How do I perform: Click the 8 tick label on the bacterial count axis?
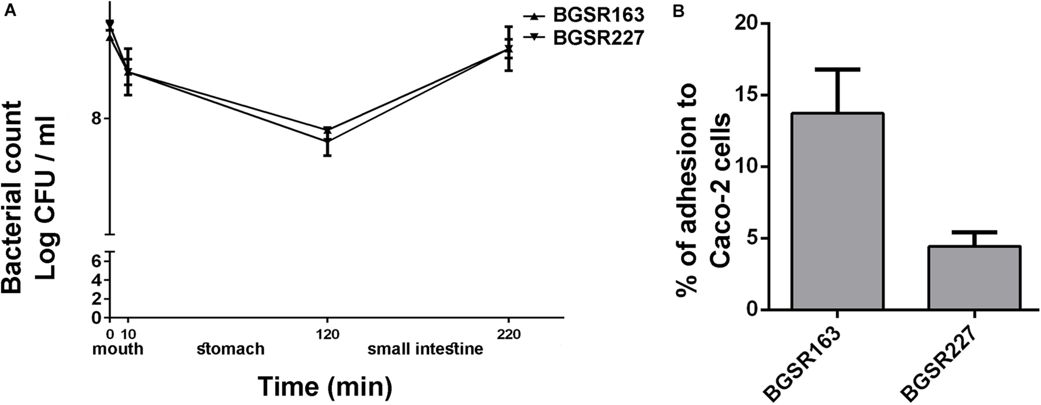(97, 119)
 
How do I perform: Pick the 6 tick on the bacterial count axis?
(97, 261)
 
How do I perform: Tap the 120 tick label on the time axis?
(327, 335)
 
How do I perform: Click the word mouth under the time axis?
(118, 349)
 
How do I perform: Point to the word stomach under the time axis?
(231, 349)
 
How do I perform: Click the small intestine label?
(425, 349)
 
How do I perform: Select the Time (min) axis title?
(325, 386)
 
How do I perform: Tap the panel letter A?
(10, 11)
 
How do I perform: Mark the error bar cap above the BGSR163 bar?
(837, 69)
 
